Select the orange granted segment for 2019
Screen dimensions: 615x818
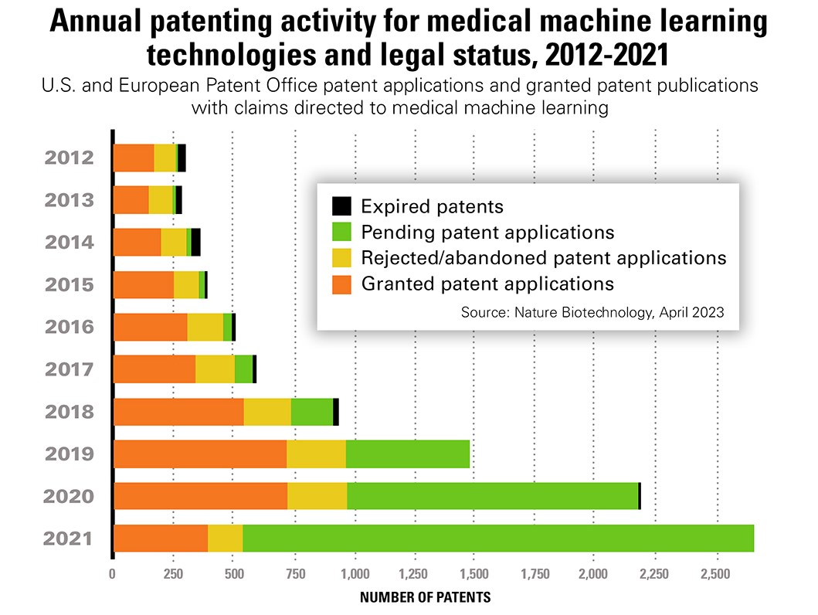point(199,454)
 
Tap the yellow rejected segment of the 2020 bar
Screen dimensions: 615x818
point(317,495)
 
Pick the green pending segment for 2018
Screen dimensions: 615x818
point(312,411)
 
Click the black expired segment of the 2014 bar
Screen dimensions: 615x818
point(195,242)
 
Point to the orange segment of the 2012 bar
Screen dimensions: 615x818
point(134,158)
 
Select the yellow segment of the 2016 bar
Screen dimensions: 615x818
point(205,327)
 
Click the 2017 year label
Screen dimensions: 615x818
point(70,369)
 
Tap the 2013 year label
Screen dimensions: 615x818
point(70,200)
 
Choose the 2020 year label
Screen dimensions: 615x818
point(70,496)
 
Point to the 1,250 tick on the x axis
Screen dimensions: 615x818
point(415,575)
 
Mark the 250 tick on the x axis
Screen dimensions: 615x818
point(173,575)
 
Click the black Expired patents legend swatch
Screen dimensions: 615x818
point(341,206)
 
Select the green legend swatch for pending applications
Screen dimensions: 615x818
point(341,232)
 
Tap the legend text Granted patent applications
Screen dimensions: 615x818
point(487,284)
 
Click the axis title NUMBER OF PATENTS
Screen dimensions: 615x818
point(425,597)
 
